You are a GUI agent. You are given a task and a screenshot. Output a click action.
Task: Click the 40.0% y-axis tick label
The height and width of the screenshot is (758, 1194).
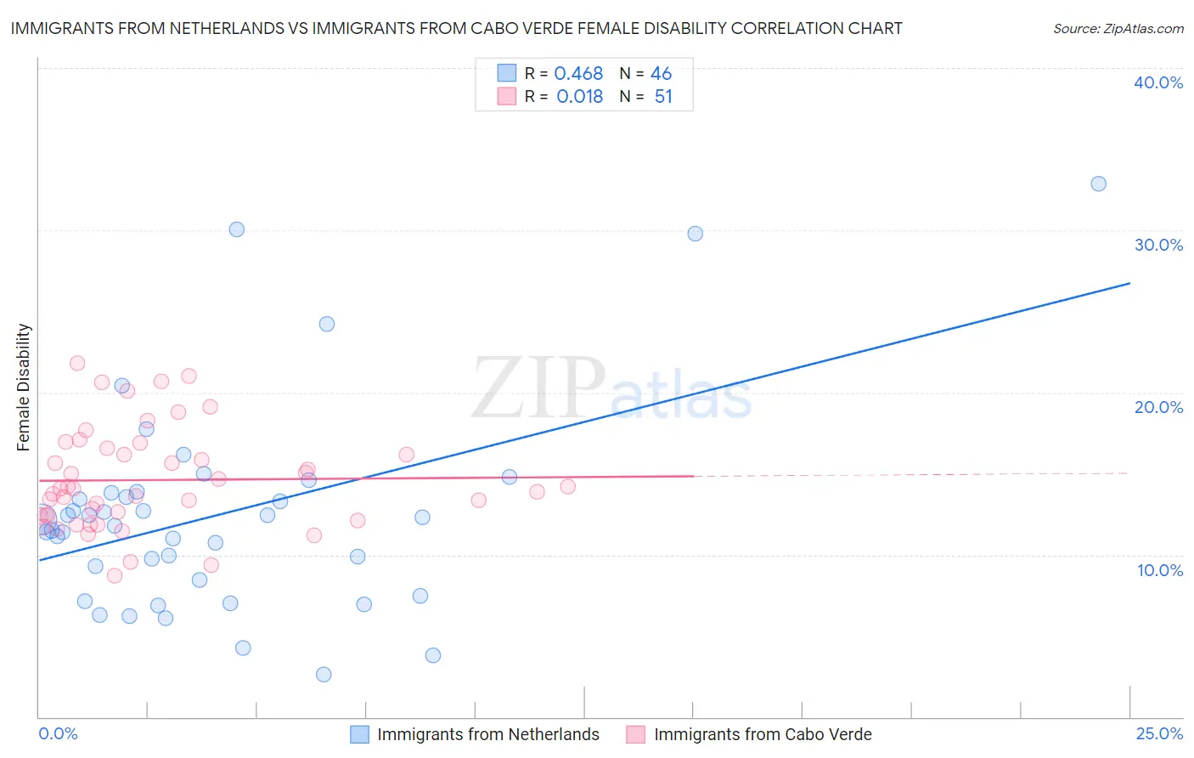click(1158, 82)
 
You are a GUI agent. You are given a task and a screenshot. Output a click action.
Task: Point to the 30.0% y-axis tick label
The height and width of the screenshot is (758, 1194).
click(1158, 245)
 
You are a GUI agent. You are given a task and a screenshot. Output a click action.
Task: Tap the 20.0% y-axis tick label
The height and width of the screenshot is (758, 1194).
click(1158, 407)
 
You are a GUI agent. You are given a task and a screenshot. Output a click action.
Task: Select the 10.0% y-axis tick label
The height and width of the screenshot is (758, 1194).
click(1160, 570)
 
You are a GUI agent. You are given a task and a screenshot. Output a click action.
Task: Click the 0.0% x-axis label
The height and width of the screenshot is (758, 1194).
click(58, 733)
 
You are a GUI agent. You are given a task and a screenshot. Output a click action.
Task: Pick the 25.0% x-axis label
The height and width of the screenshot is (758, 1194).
click(1159, 733)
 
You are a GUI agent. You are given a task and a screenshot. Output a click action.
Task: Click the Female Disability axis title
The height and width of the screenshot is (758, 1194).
click(24, 387)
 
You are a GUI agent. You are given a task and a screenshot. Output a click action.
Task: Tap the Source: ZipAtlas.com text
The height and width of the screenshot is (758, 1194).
click(1118, 28)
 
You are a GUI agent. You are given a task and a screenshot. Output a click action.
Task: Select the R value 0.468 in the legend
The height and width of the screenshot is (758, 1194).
click(578, 74)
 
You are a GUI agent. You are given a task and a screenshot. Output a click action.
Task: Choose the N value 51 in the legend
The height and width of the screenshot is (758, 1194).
click(663, 97)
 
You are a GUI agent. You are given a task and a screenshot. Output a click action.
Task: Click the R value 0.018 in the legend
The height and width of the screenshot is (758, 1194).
click(579, 97)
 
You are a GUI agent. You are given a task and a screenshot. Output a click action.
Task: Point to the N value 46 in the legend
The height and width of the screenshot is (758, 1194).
click(661, 74)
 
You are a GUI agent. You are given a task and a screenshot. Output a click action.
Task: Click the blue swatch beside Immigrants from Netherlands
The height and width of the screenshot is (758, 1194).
click(360, 734)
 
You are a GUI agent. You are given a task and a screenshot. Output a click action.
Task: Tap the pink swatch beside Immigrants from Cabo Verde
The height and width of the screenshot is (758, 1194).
click(636, 734)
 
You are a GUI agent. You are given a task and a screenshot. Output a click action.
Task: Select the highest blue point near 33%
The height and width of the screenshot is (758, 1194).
click(1098, 184)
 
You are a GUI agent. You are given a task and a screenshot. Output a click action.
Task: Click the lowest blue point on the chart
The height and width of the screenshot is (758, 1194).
click(324, 675)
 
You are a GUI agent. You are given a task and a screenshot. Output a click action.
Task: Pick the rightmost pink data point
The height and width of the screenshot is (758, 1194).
click(568, 487)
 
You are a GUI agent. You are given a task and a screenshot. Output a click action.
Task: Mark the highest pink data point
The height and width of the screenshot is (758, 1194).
click(77, 363)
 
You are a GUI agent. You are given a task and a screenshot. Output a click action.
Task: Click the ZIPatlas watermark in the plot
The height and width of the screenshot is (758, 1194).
click(611, 390)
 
